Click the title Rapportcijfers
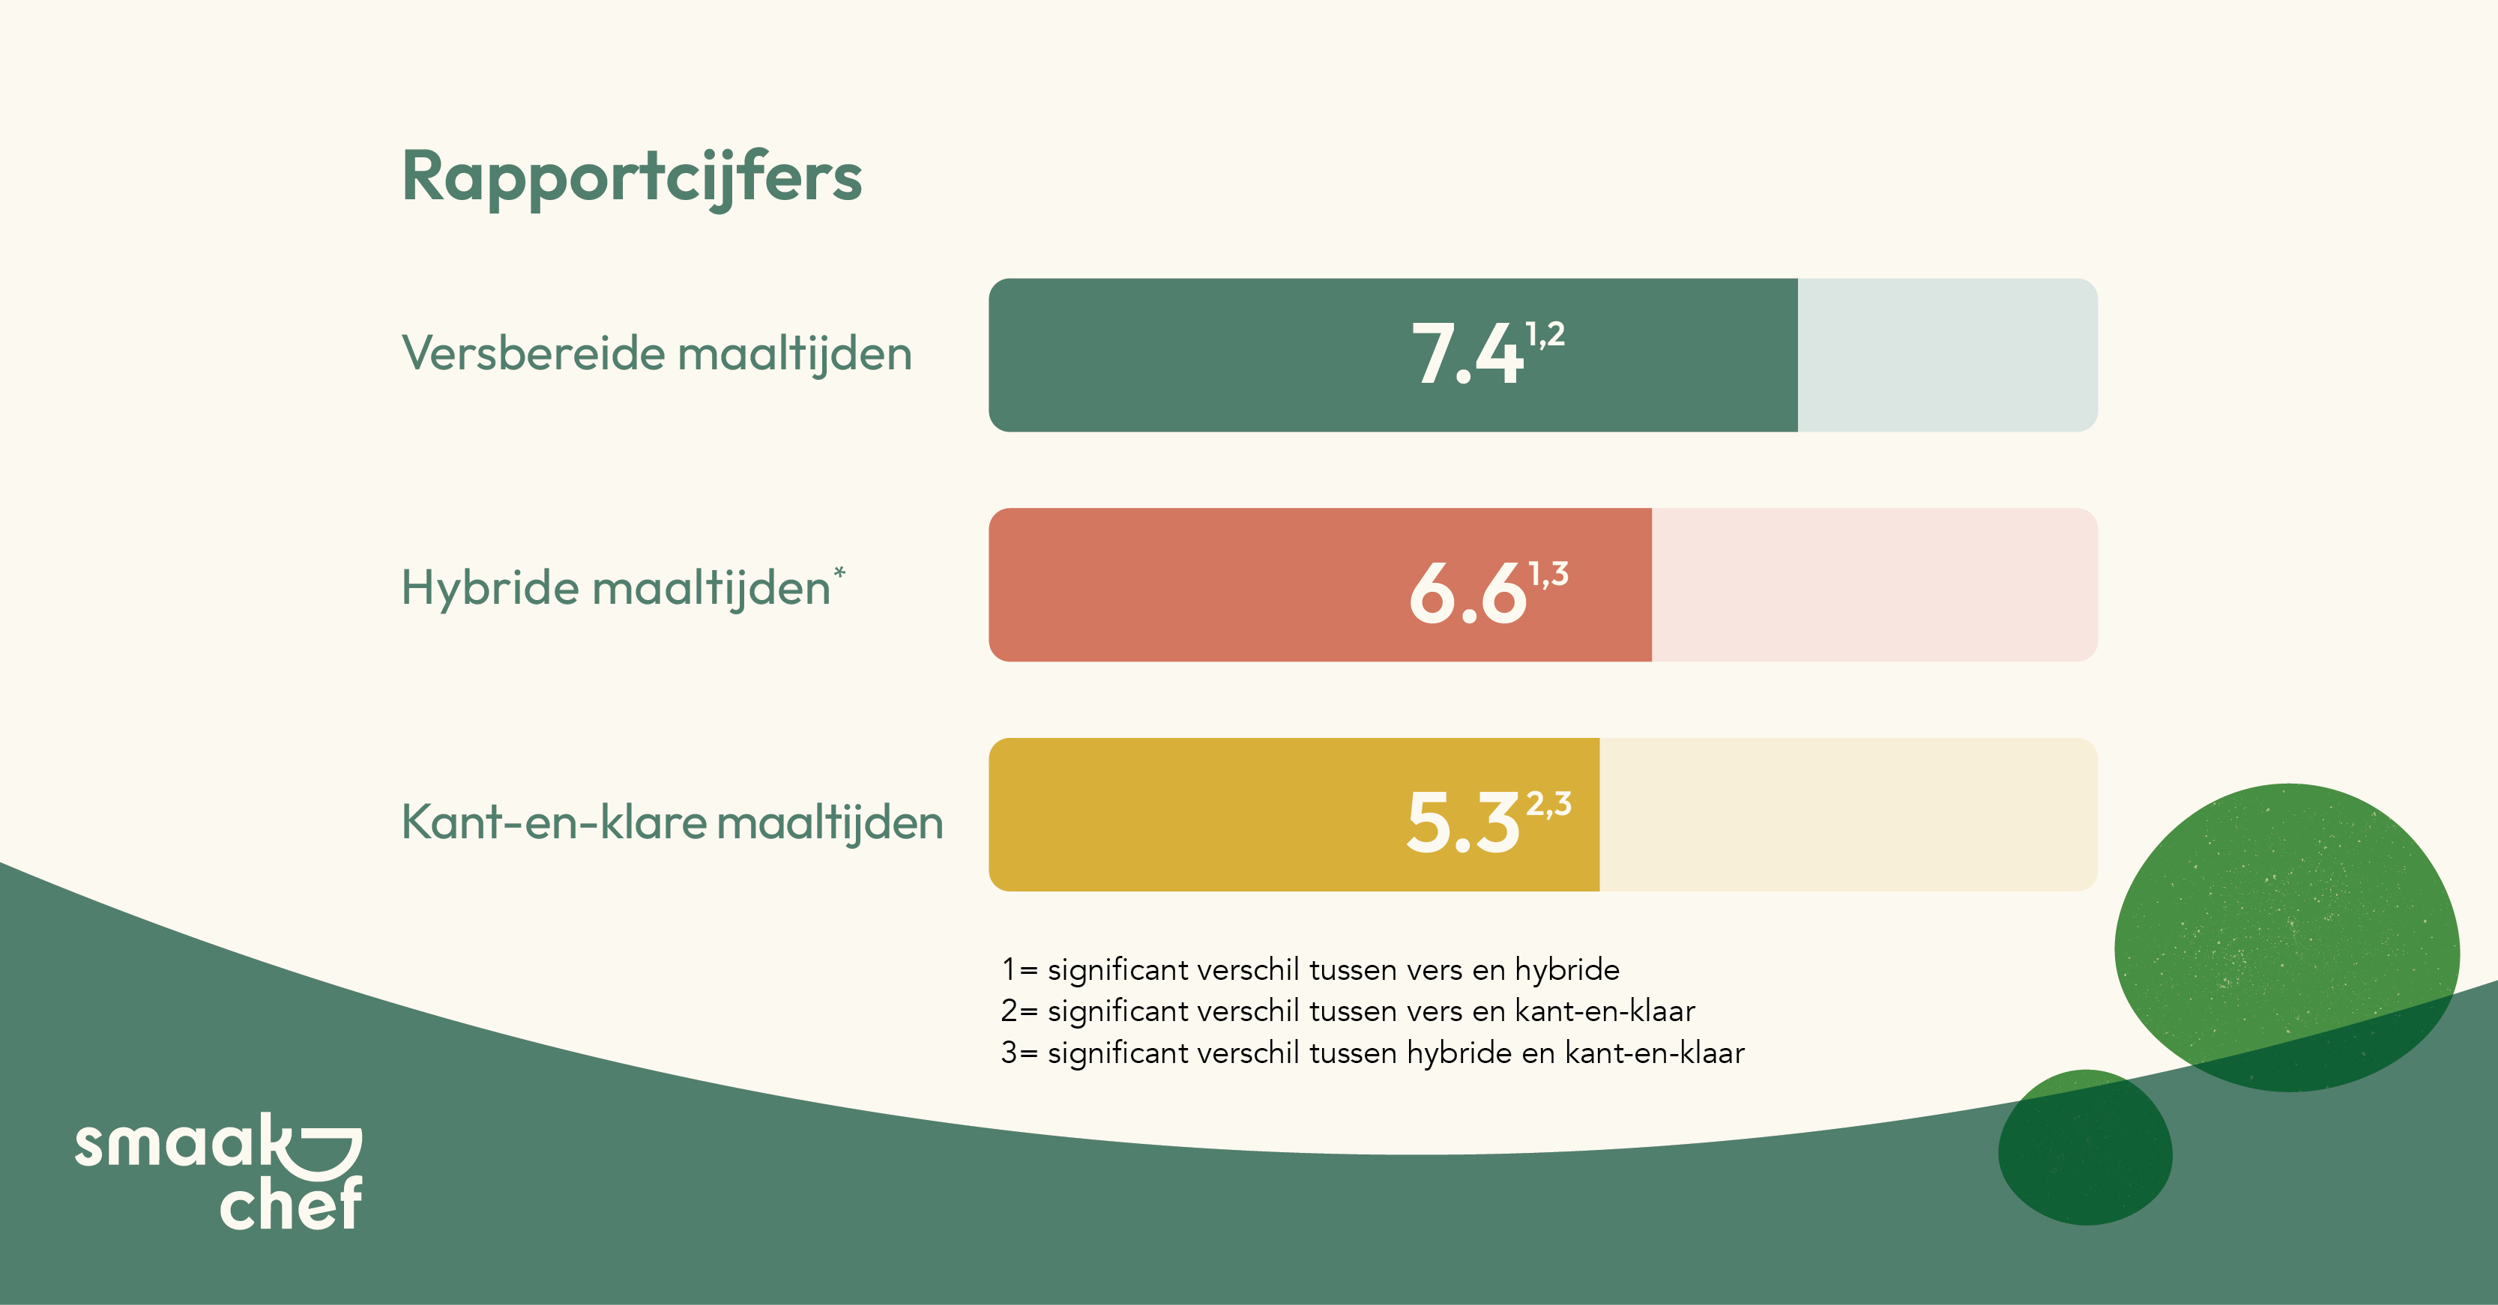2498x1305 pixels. coord(631,178)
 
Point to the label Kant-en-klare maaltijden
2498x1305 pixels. coord(672,822)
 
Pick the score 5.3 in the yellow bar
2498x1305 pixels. coord(1463,822)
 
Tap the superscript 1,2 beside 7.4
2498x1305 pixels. coord(1545,336)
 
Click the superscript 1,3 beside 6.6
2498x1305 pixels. coord(1548,574)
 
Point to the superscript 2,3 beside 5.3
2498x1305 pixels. coord(1548,805)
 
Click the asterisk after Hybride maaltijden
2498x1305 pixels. coord(839,573)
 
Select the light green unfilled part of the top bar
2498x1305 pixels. coord(1947,355)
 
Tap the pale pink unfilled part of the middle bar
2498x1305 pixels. coord(1874,584)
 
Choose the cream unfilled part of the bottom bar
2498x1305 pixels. coord(1848,814)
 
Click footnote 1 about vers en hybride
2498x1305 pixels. coord(1310,969)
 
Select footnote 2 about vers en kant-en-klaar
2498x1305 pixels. coord(1348,1011)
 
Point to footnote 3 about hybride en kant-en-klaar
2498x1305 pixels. coord(1372,1053)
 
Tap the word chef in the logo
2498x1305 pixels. coord(291,1203)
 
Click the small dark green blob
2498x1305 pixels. coord(2085,1148)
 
